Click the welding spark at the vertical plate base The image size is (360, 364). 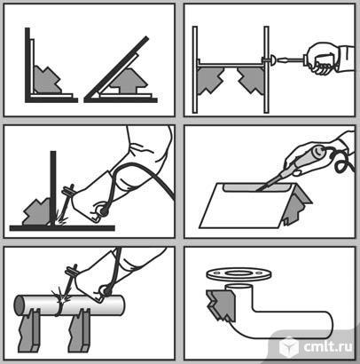(x=60, y=220)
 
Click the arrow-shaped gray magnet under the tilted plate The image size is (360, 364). (x=126, y=81)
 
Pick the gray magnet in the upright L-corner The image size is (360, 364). (x=46, y=80)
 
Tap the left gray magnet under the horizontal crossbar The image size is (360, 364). (x=209, y=79)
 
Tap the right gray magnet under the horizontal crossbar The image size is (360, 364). (x=251, y=79)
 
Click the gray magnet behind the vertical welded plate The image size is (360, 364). (x=37, y=212)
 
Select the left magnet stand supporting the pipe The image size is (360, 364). (x=29, y=330)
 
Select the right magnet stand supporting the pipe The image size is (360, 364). (x=79, y=330)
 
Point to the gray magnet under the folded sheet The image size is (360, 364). (x=295, y=208)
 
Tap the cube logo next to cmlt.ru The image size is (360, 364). (x=289, y=347)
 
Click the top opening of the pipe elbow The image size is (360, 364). (x=239, y=287)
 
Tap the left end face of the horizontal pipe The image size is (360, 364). (x=20, y=305)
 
